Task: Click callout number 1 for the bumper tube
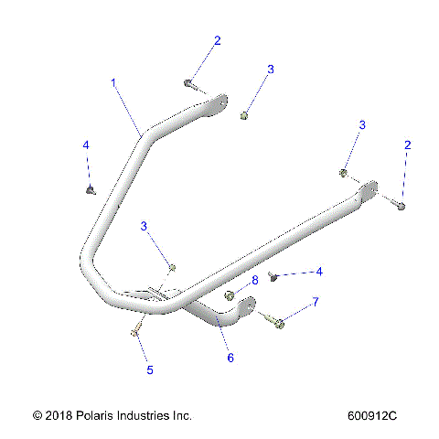click(x=113, y=82)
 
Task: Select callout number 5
click(x=150, y=370)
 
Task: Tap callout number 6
click(x=230, y=358)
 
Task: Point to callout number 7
click(x=316, y=302)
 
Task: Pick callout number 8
click(x=255, y=280)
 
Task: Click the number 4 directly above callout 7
click(x=318, y=272)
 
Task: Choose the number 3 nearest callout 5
click(x=144, y=226)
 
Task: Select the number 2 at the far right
click(x=408, y=145)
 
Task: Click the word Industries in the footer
click(x=155, y=415)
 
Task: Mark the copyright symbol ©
click(x=37, y=415)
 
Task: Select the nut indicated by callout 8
click(x=231, y=295)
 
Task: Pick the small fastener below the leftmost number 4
click(x=90, y=190)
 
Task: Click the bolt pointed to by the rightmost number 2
click(x=401, y=207)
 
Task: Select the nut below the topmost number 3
click(x=245, y=115)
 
